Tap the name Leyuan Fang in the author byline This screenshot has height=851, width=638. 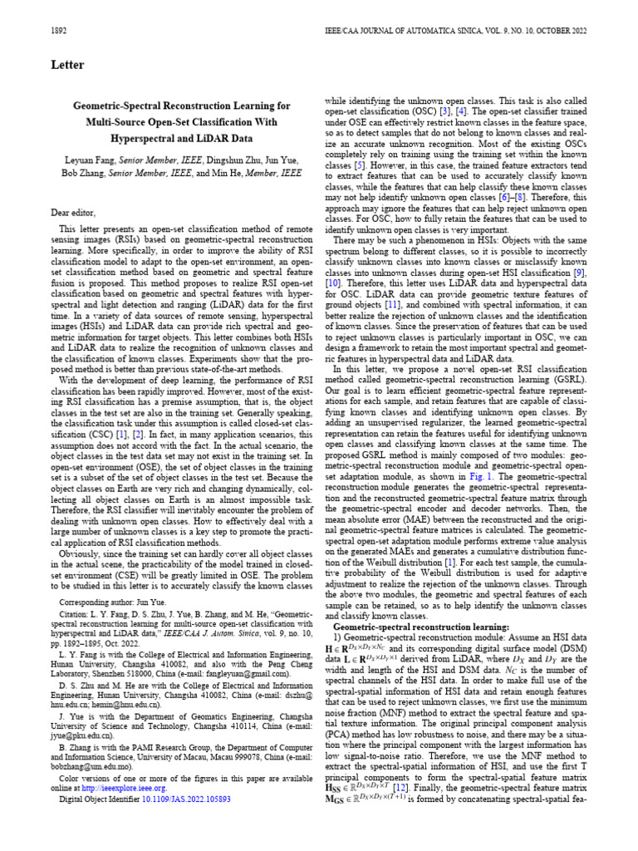(89, 159)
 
